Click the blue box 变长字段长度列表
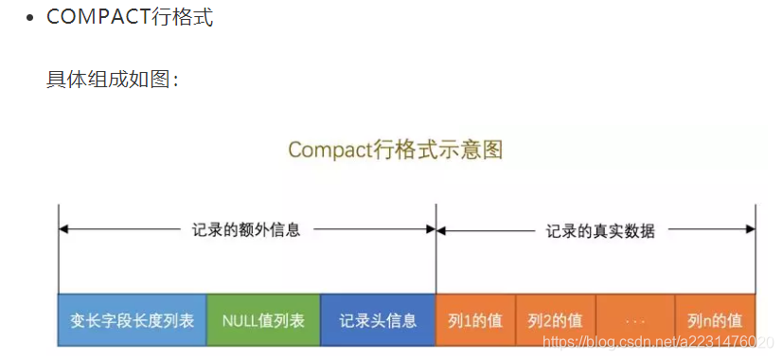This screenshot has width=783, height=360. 132,320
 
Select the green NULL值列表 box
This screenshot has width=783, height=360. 263,320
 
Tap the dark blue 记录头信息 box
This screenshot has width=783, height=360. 378,320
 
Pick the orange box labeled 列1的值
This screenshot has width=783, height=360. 475,320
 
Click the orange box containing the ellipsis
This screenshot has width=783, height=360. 635,320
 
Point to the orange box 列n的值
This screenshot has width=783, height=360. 715,320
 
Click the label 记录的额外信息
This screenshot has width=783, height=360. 246,229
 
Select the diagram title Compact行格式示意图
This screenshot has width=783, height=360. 395,150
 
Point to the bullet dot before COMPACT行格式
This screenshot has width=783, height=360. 31,19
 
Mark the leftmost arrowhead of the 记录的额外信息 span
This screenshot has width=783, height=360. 63,229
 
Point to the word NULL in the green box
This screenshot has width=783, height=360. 243,320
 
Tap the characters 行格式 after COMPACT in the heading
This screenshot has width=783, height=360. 182,18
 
